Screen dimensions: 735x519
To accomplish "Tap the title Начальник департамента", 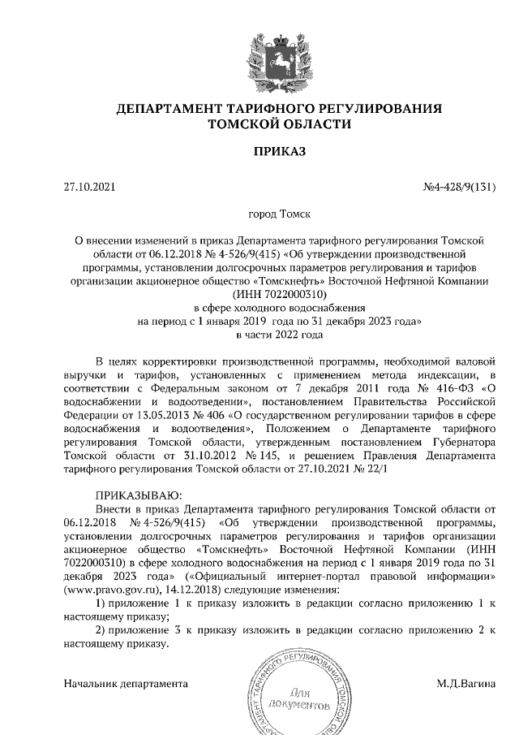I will tap(126, 683).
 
